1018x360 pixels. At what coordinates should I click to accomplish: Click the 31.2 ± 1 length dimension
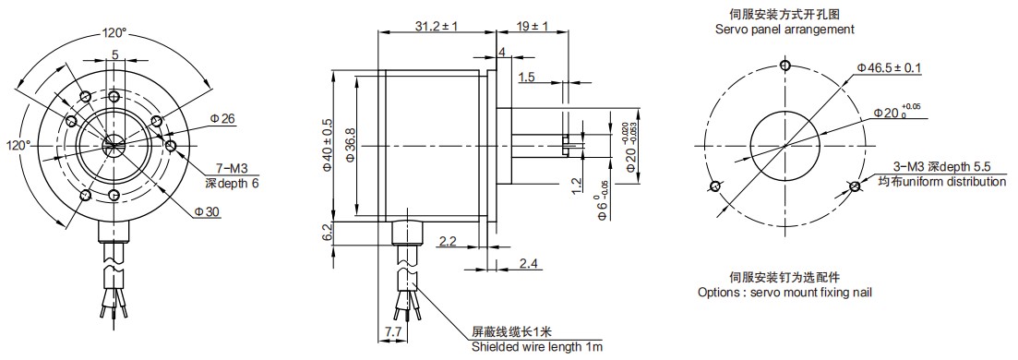(412, 27)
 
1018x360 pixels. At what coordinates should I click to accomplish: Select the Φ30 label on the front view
(209, 212)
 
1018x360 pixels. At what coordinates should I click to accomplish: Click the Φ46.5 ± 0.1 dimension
(890, 68)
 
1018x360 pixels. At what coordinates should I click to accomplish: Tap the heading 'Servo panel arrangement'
(784, 30)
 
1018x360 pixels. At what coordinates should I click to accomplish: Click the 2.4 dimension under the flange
(528, 264)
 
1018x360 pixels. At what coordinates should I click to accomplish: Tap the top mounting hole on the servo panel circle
(784, 66)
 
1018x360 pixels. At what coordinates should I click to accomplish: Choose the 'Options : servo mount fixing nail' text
(784, 293)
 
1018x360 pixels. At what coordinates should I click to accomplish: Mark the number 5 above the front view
(114, 55)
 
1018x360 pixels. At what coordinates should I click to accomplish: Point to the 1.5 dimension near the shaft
(527, 78)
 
